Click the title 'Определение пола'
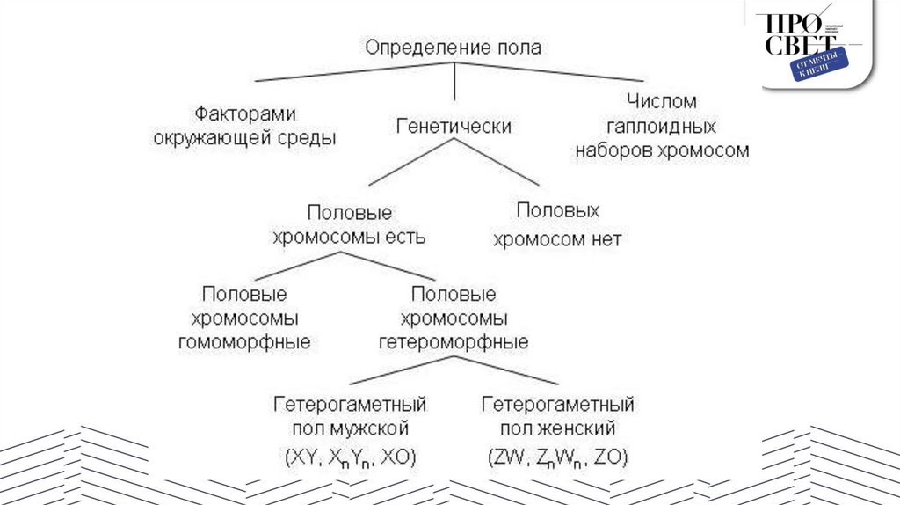pos(453,46)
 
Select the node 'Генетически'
pos(454,127)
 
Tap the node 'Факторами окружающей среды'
pos(245,127)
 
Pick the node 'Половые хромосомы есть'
pos(349,225)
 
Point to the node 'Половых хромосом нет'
pos(557,224)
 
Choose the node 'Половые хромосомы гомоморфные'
pos(244,318)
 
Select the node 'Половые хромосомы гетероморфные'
pos(453,318)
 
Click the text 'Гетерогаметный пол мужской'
pos(350,417)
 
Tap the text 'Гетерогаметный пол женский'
pos(557,417)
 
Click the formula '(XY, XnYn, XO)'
pos(350,458)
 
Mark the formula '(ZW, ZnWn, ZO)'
pos(557,458)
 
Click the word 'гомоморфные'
pos(244,342)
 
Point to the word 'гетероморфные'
pos(453,342)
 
